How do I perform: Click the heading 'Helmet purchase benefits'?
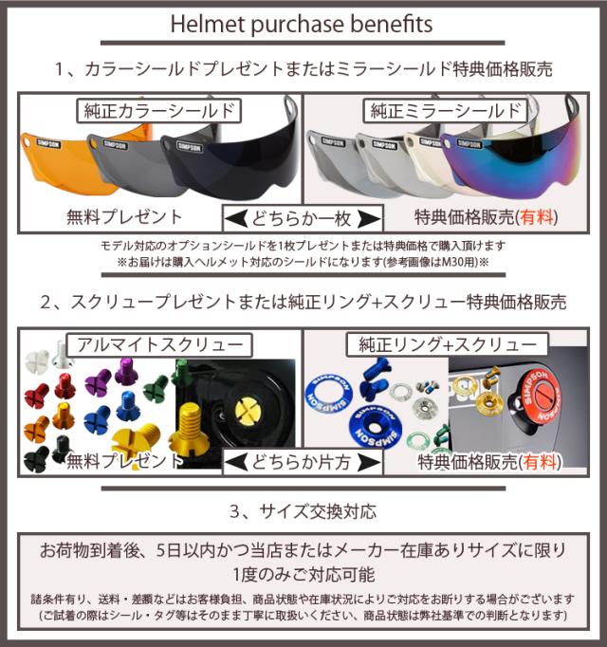pos(303,23)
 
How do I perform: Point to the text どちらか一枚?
pos(303,218)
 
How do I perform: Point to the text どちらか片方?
pos(303,463)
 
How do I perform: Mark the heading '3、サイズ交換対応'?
pos(303,512)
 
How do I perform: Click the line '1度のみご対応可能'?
pos(303,574)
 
